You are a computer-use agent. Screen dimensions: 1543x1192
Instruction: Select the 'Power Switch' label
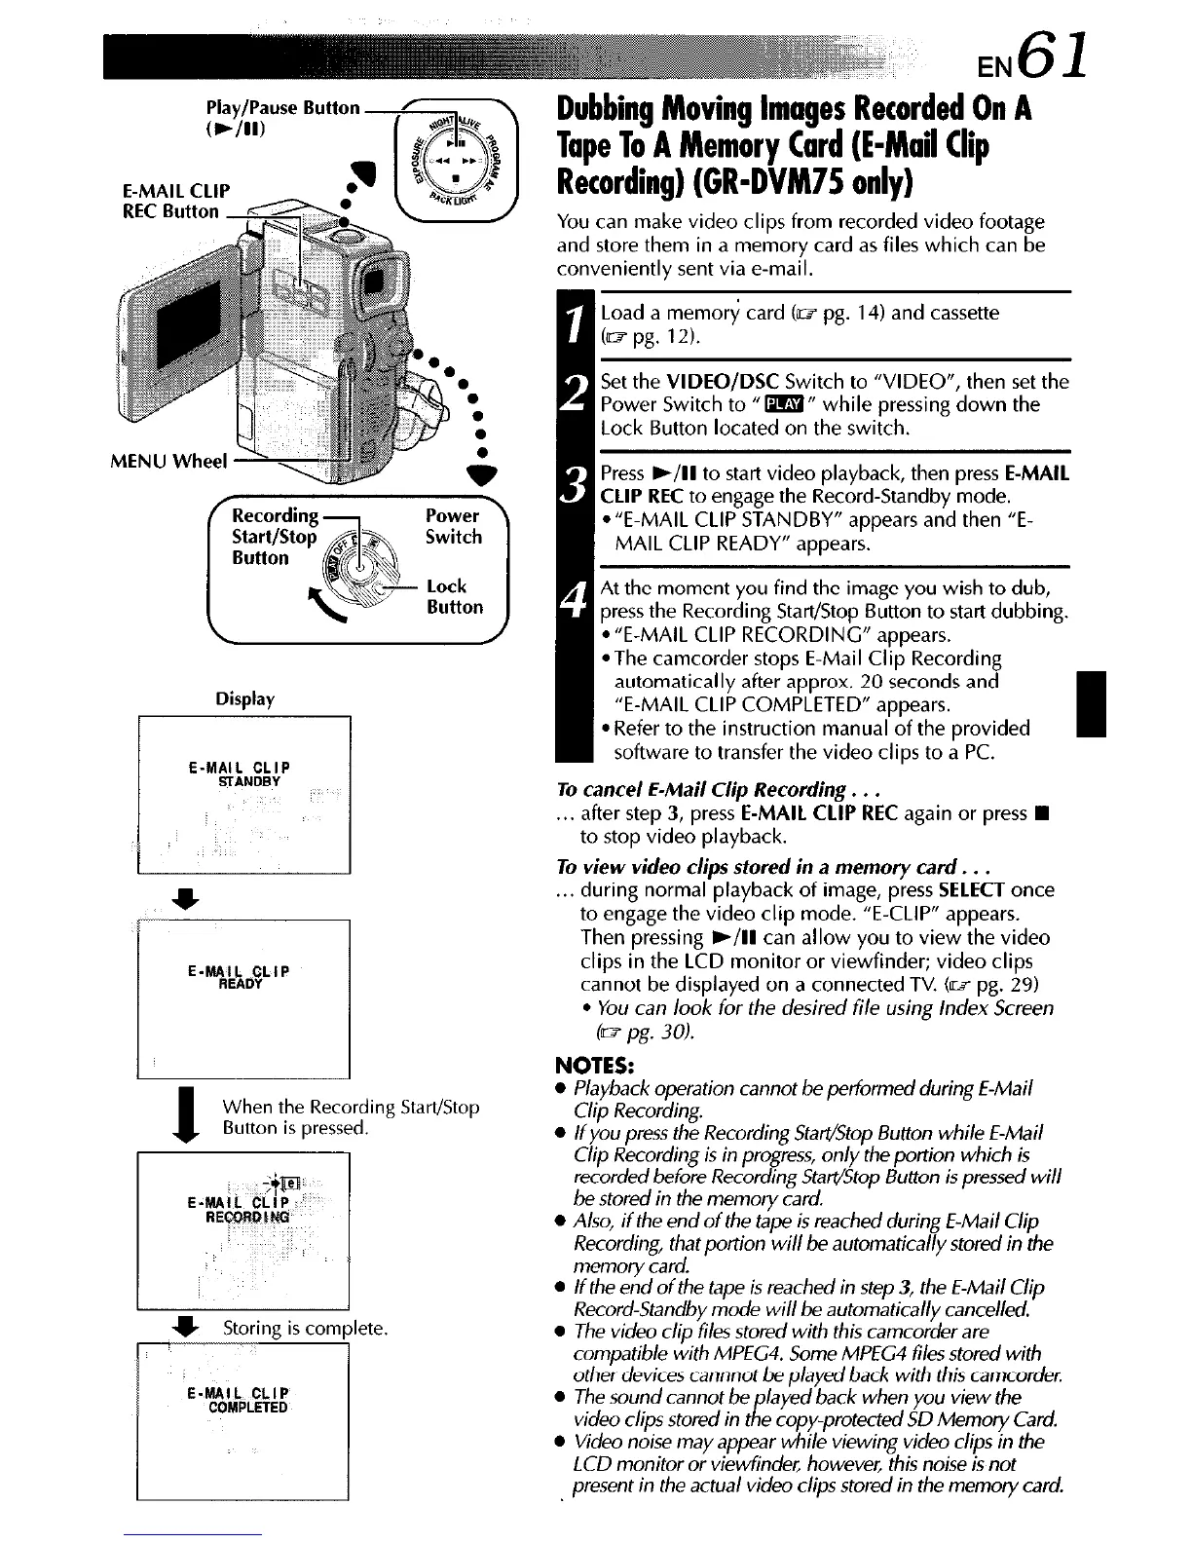pyautogui.click(x=453, y=526)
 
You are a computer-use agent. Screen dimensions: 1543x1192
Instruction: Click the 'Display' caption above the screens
pyautogui.click(x=244, y=698)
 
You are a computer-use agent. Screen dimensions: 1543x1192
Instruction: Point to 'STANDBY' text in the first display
pyautogui.click(x=249, y=781)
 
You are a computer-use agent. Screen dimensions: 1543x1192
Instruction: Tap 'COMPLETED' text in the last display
pyautogui.click(x=247, y=1408)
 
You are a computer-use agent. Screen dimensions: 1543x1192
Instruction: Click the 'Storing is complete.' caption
pyautogui.click(x=306, y=1329)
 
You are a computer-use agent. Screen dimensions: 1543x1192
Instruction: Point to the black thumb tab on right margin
pyautogui.click(x=1087, y=703)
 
